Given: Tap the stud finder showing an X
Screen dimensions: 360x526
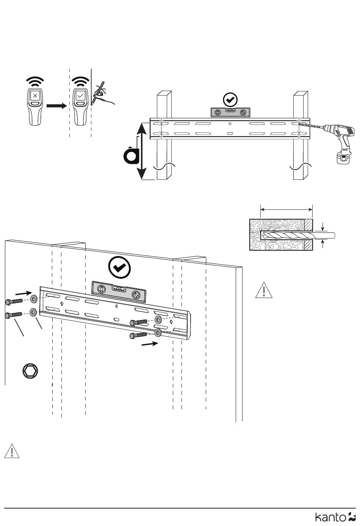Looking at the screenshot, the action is (x=35, y=107).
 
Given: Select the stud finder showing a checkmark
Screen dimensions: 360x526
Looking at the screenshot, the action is (x=80, y=107).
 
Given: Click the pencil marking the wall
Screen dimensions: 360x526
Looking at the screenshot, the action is (x=98, y=93).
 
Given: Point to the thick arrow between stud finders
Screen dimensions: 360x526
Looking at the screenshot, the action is (x=56, y=106).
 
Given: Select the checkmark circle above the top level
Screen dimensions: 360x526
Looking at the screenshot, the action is (x=230, y=100).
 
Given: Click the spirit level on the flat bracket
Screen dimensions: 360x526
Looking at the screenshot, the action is (x=230, y=113).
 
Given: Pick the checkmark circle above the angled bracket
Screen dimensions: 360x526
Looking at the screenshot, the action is (x=119, y=267).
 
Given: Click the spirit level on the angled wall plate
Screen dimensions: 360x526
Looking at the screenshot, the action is (x=119, y=291).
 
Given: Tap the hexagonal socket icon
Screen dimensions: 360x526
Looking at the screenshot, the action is (x=30, y=371).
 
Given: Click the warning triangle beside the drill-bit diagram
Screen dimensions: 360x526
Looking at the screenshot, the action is (x=264, y=290).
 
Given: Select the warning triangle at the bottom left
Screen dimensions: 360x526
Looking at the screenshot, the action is (x=12, y=451).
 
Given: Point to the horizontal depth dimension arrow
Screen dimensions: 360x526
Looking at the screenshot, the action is (x=286, y=209).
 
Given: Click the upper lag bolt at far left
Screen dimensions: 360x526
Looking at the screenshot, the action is (x=14, y=302).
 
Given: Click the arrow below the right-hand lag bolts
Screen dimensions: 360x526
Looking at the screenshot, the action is (x=150, y=344).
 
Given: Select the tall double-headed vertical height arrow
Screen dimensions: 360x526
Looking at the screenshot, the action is (x=142, y=151).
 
